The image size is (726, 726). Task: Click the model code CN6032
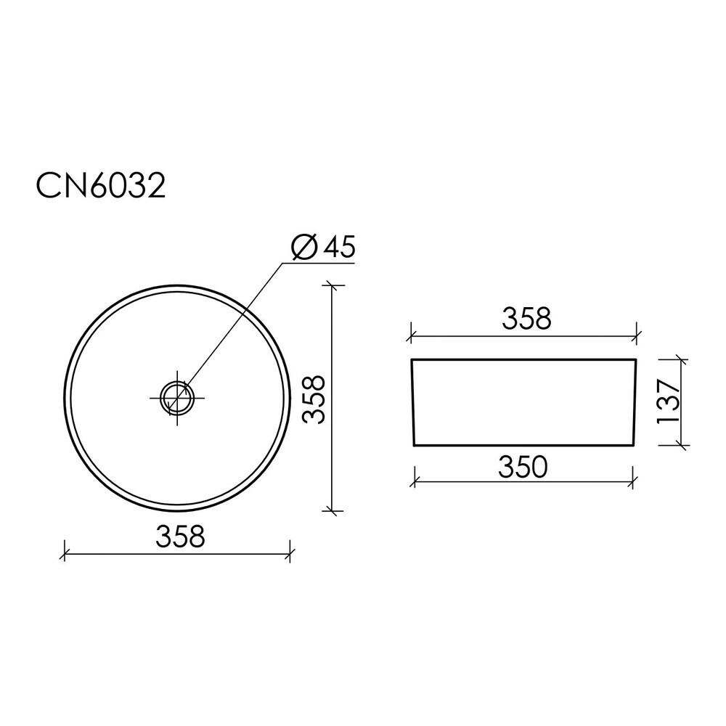pos(100,187)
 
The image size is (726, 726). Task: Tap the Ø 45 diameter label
pos(323,246)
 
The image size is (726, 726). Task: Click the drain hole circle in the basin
pos(177,398)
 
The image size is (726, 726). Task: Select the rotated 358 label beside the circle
pos(314,399)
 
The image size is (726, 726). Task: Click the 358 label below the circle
pos(180,537)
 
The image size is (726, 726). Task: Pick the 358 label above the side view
pos(526,319)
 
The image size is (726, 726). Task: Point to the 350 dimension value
pos(523,467)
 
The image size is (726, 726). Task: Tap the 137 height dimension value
pos(668,401)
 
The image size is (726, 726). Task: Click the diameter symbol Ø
pos(304,247)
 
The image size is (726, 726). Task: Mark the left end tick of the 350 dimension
pos(415,482)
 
